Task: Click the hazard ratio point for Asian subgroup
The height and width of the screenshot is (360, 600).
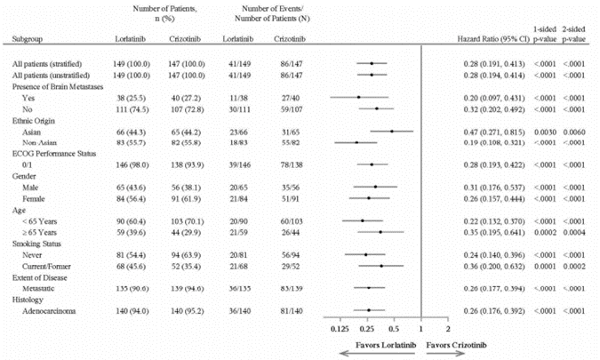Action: [x=392, y=131]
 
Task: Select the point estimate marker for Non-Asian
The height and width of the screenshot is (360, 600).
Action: [x=356, y=142]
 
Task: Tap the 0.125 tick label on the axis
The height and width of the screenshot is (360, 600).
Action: [x=340, y=329]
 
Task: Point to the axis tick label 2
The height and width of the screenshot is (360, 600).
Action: [x=448, y=329]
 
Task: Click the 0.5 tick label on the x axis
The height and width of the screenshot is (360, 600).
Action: [x=394, y=329]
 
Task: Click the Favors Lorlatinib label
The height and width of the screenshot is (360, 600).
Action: [x=385, y=345]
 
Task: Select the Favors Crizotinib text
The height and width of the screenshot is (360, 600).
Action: [x=456, y=345]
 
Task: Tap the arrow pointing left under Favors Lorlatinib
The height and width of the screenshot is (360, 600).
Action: [x=376, y=354]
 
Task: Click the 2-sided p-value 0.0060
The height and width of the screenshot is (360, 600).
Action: [x=574, y=132]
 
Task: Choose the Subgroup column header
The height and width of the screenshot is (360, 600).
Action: [x=27, y=39]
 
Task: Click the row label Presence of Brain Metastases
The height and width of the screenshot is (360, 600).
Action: [x=58, y=87]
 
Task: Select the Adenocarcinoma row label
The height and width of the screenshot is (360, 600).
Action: [x=49, y=311]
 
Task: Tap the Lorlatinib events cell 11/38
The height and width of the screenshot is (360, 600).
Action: [x=239, y=98]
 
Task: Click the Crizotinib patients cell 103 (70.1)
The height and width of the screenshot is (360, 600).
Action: [x=187, y=222]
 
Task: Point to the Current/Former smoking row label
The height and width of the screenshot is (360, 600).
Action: [x=46, y=266]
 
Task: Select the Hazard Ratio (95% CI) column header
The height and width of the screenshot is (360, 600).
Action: [x=493, y=39]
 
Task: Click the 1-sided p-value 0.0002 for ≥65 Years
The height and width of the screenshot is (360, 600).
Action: [x=545, y=233]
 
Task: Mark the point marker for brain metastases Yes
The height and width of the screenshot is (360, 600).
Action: [x=358, y=97]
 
